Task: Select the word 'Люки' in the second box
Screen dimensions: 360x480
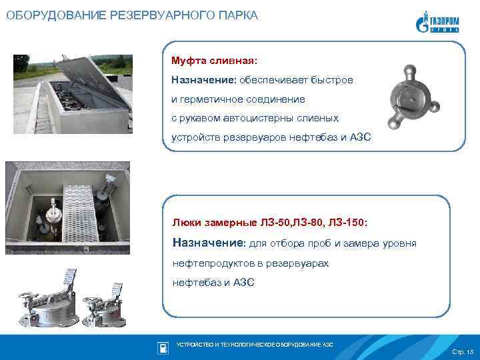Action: tap(185, 220)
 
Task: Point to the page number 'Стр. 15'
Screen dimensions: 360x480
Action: tap(462, 351)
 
